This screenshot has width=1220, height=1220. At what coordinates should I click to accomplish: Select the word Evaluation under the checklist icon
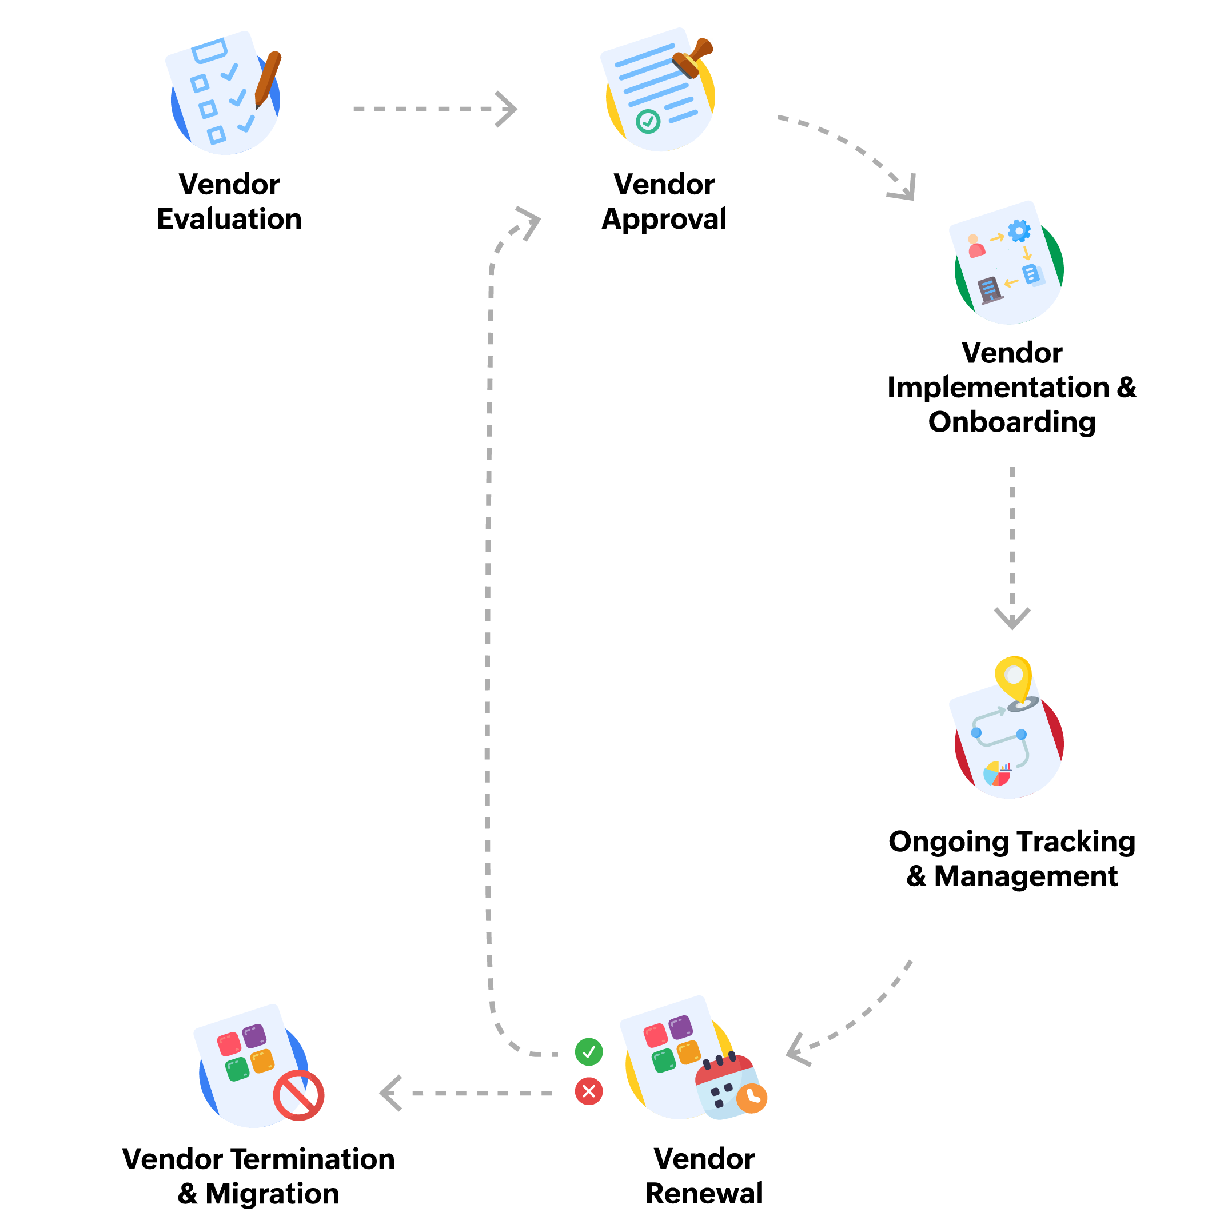click(x=229, y=219)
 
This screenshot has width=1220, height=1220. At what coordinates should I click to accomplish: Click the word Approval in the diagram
click(x=664, y=219)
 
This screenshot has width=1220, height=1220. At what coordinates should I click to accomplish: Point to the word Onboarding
click(x=1011, y=422)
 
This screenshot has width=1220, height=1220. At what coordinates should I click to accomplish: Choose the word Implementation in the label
click(x=998, y=387)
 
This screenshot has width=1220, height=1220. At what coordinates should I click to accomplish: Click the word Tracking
click(x=1075, y=842)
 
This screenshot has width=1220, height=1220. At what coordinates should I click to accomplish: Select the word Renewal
click(x=704, y=1194)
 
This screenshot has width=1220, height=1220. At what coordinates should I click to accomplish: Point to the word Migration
click(x=272, y=1194)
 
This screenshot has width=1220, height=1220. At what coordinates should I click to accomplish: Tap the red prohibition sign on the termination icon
click(x=298, y=1095)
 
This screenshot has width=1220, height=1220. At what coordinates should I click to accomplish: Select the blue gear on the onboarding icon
click(x=1019, y=231)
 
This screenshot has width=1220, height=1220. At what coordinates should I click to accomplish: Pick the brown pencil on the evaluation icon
click(x=268, y=79)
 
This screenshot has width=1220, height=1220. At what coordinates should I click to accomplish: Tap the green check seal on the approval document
click(x=648, y=121)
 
